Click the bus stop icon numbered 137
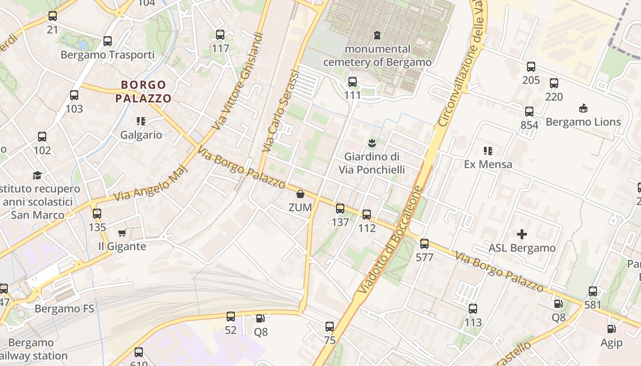(340, 209)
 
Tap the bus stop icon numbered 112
(367, 214)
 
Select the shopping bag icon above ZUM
(300, 194)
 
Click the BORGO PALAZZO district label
(143, 91)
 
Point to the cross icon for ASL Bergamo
(521, 235)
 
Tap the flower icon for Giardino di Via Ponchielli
(372, 143)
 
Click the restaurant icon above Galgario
(141, 121)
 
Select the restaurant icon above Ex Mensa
(488, 151)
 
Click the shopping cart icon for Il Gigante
(122, 233)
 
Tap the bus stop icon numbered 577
(424, 243)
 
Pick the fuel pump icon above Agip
(611, 328)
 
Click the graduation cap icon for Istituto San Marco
(37, 175)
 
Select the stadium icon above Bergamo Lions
(583, 108)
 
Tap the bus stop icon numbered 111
(353, 82)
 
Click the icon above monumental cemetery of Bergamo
(377, 35)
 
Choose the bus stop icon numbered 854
(529, 112)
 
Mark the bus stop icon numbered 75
(330, 327)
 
